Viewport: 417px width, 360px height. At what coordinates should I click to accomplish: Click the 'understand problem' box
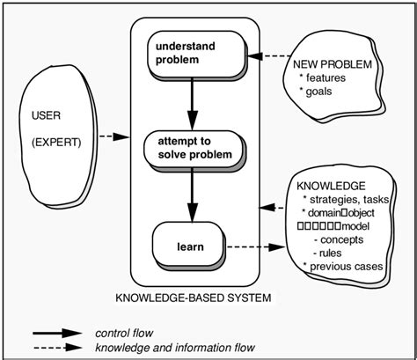point(187,53)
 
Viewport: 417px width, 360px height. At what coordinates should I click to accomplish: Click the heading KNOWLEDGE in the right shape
point(332,187)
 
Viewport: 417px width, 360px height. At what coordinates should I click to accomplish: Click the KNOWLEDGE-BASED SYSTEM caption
point(194,298)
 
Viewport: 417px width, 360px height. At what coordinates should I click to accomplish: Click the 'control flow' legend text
point(124,333)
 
